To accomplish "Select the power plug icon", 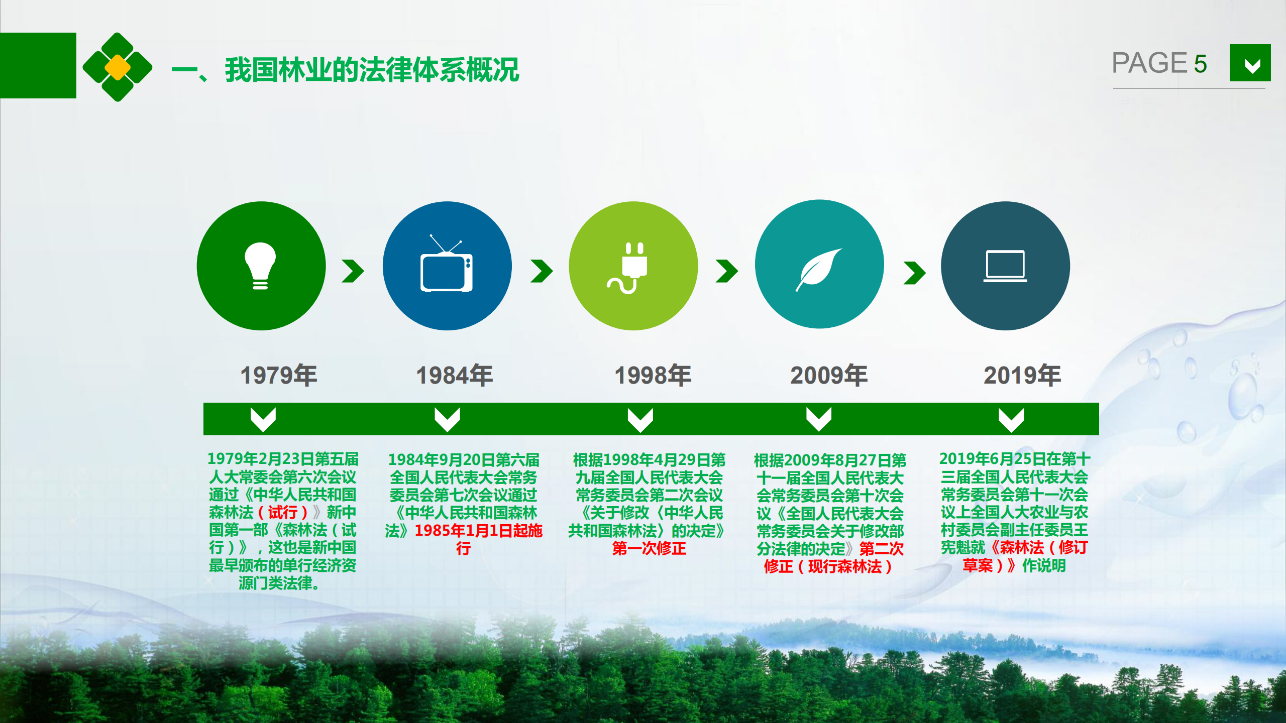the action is coord(628,268).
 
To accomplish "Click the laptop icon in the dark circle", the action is coord(1005,266).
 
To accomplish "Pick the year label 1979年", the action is coord(279,375).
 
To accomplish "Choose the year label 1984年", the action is coord(455,375).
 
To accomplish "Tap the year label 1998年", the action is coord(653,375).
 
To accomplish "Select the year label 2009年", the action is coord(829,375).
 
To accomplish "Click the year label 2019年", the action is coord(1022,375).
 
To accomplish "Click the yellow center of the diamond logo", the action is coord(118,67).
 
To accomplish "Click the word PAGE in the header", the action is coord(1149,63).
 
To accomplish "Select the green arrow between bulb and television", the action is coord(353,271).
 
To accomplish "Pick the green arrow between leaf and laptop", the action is coord(914,273).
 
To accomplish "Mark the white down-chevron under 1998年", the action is coord(640,420).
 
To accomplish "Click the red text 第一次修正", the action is coord(649,548).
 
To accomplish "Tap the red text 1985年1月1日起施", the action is coord(479,531).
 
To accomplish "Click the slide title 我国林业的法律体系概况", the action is coord(372,69).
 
